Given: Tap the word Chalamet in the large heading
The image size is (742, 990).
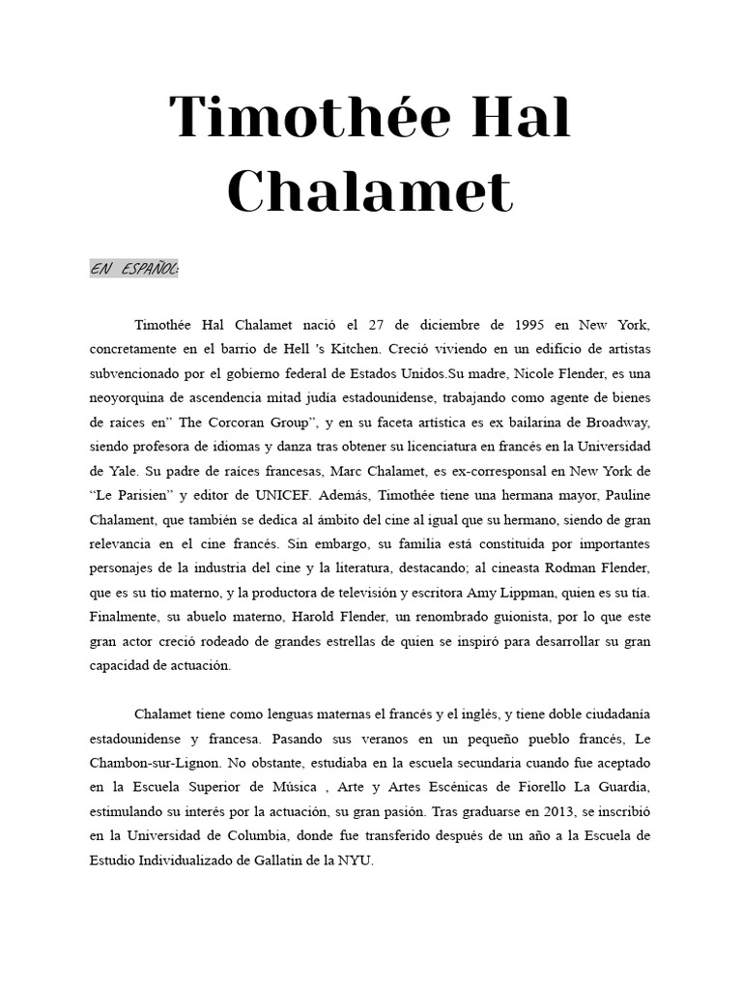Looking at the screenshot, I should point(370,191).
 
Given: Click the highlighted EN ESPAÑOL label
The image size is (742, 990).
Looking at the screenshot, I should point(134,270).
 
